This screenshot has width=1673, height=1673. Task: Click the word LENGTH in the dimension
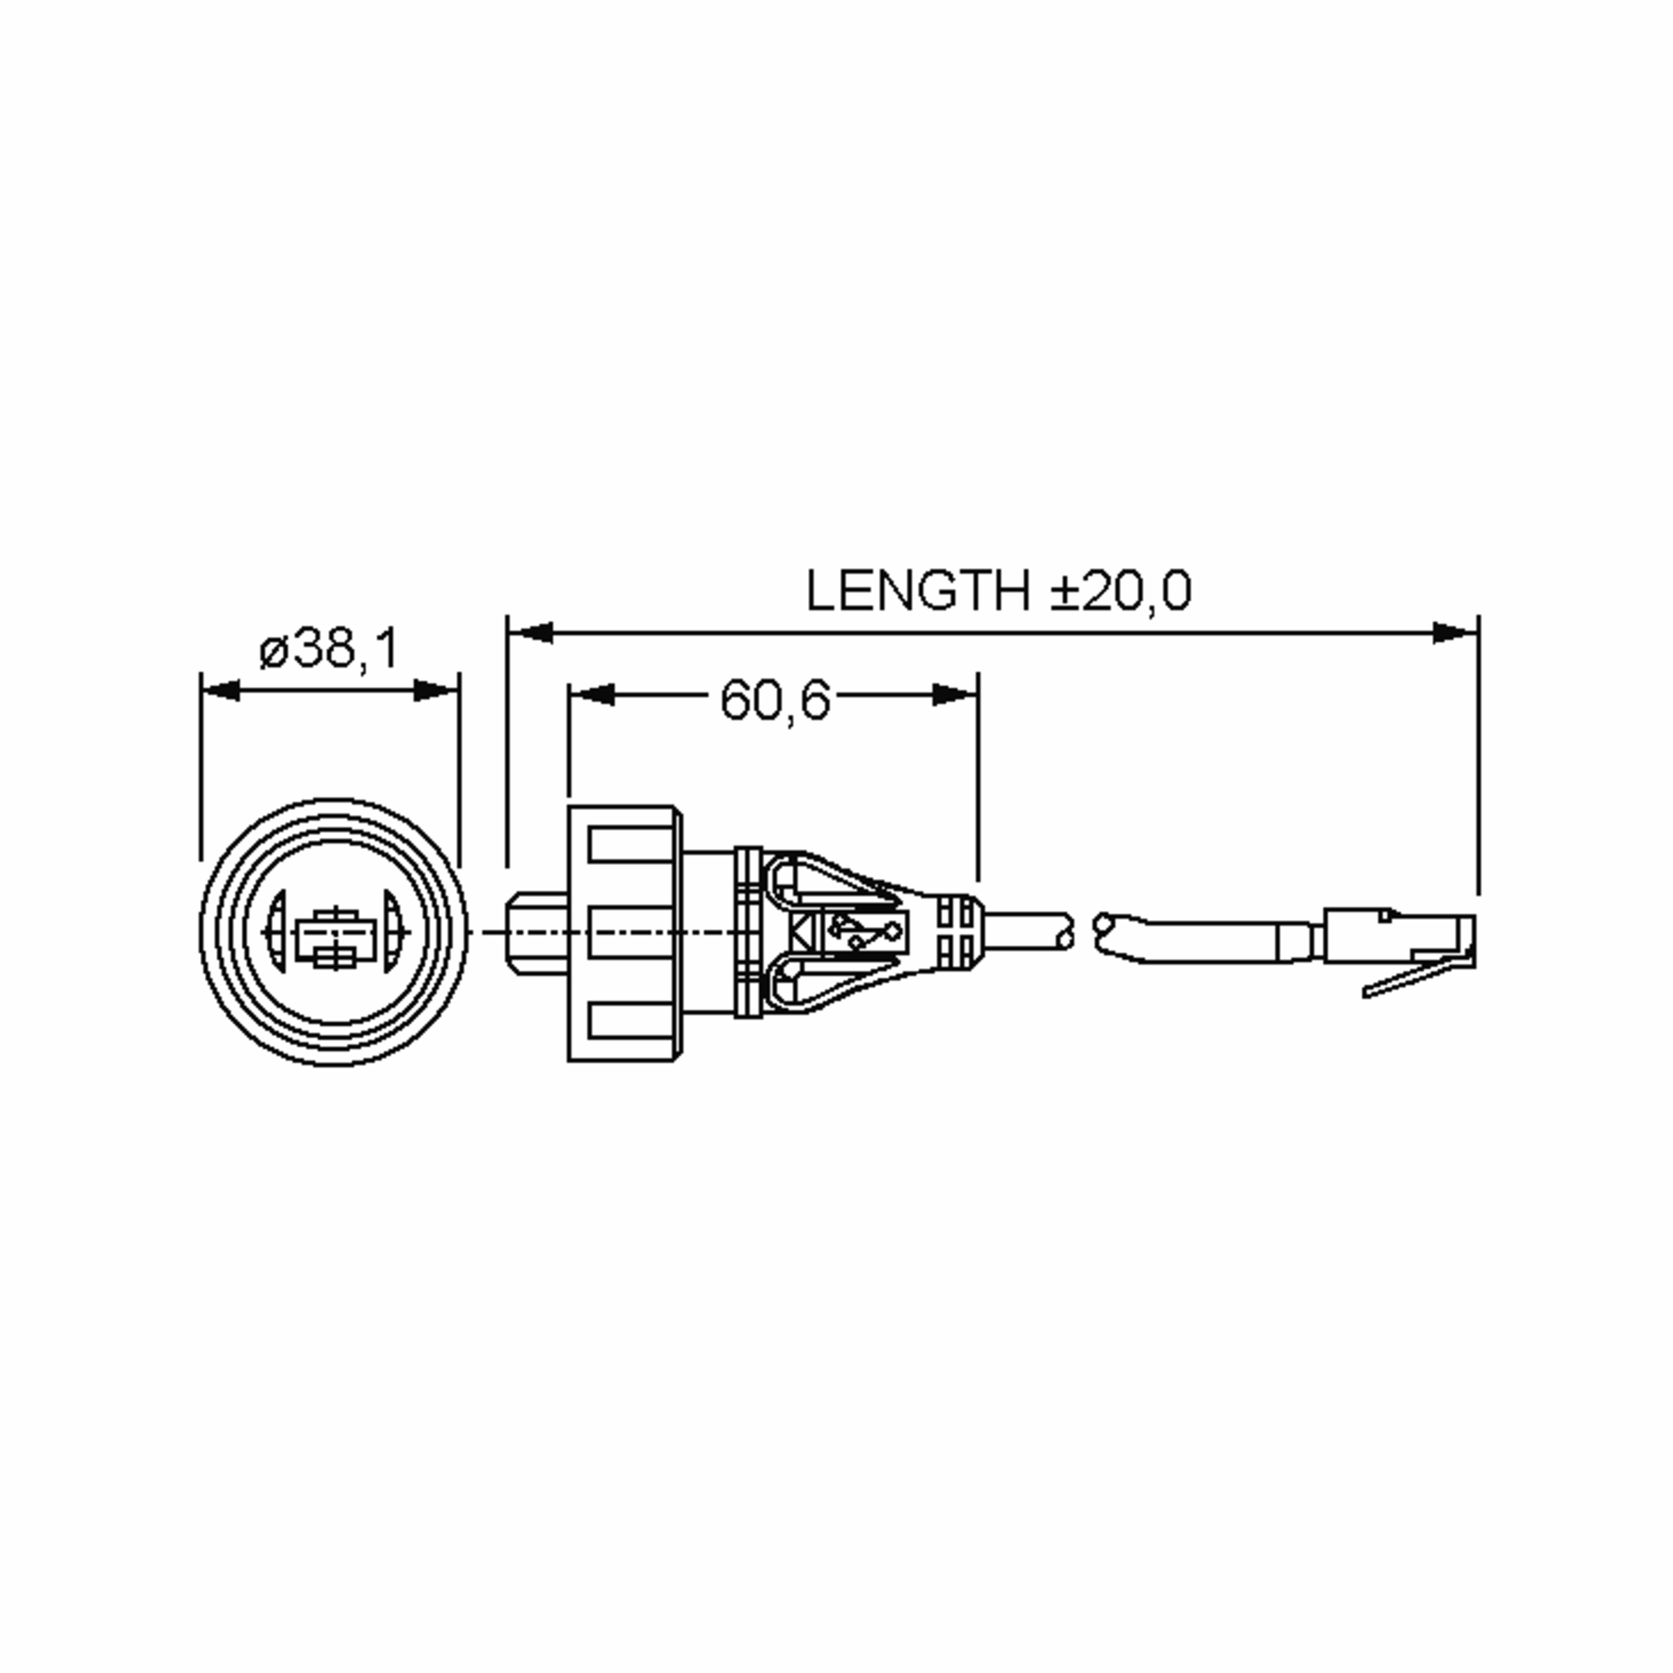[917, 590]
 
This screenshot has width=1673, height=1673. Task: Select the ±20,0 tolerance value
[1122, 590]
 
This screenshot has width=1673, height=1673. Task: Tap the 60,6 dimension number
[775, 700]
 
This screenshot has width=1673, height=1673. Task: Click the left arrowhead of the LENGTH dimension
[532, 633]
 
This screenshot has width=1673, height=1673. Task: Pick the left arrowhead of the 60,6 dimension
[593, 694]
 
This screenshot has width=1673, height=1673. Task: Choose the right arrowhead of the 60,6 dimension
[954, 694]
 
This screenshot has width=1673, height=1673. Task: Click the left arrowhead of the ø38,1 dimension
[222, 691]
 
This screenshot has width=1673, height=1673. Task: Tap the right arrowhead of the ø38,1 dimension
[436, 691]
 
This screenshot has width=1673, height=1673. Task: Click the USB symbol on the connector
[864, 932]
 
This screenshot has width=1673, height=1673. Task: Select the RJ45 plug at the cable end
[1398, 936]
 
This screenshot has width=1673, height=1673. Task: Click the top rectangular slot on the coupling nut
[629, 844]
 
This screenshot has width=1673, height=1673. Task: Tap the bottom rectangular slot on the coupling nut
[629, 1020]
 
